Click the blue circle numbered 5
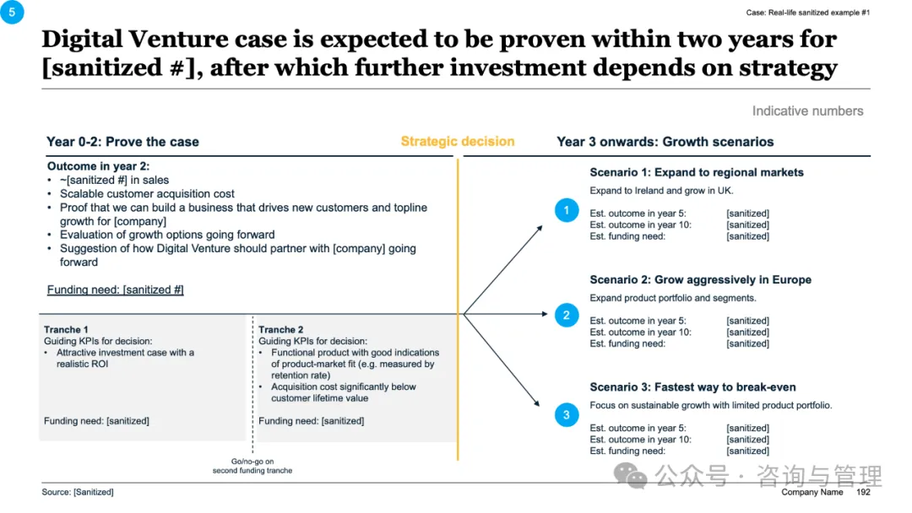pos(12,12)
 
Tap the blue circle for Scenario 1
pos(567,210)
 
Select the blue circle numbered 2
pos(567,316)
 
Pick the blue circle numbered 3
pos(567,414)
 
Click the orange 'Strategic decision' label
pos(457,142)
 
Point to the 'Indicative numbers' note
pos(807,111)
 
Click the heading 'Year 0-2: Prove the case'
pos(122,142)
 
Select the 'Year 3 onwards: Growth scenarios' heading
pos(665,142)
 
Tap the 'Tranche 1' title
pos(66,330)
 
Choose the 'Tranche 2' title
pos(281,330)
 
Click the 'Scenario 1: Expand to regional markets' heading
pos(697,172)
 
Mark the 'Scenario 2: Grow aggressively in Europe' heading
pos(700,279)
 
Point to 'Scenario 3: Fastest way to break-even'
pos(692,387)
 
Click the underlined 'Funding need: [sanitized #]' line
pos(115,289)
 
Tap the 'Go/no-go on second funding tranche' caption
pos(252,466)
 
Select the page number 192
pos(863,492)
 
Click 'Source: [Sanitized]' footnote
pos(78,492)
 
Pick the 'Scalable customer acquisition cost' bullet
pos(147,193)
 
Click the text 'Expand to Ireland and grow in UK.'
pos(661,191)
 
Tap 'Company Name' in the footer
pos(812,492)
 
